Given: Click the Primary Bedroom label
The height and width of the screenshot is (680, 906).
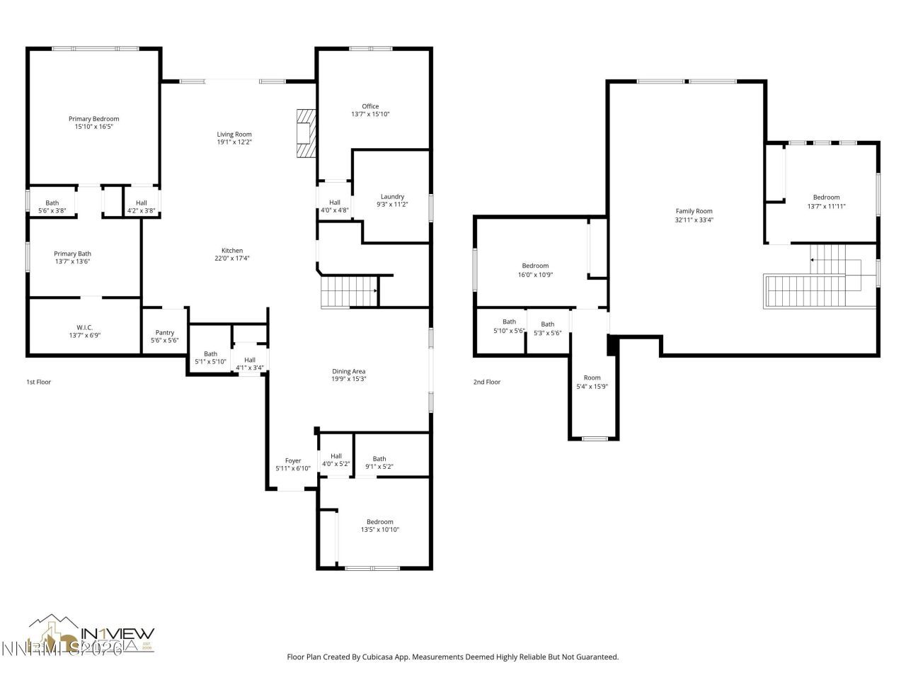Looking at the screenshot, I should pyautogui.click(x=93, y=119).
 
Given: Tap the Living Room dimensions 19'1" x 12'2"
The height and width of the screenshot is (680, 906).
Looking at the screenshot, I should pyautogui.click(x=234, y=142).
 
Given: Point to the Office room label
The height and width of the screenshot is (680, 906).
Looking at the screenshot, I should pyautogui.click(x=370, y=106).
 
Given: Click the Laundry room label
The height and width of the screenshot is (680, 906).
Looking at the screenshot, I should pyautogui.click(x=392, y=196).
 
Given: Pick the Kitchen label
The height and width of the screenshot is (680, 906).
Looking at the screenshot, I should pyautogui.click(x=232, y=250).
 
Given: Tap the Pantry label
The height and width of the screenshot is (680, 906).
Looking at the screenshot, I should pyautogui.click(x=164, y=333).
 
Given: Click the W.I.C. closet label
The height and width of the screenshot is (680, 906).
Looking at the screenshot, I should pyautogui.click(x=85, y=327).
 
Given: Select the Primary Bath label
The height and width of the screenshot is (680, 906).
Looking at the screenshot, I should pyautogui.click(x=72, y=254).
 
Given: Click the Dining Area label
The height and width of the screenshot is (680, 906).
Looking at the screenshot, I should pyautogui.click(x=349, y=371).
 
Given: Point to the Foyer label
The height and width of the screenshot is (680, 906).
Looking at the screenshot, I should pyautogui.click(x=293, y=460).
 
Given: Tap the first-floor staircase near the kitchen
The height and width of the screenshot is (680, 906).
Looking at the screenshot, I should pyautogui.click(x=348, y=291).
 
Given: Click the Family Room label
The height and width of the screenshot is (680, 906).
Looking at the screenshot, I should pyautogui.click(x=694, y=211).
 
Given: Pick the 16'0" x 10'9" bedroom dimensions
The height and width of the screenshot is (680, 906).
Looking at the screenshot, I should pyautogui.click(x=536, y=274).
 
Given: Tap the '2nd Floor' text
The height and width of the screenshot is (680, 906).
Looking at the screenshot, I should pyautogui.click(x=487, y=382).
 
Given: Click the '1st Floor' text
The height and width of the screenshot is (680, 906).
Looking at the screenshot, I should pyautogui.click(x=39, y=382).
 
